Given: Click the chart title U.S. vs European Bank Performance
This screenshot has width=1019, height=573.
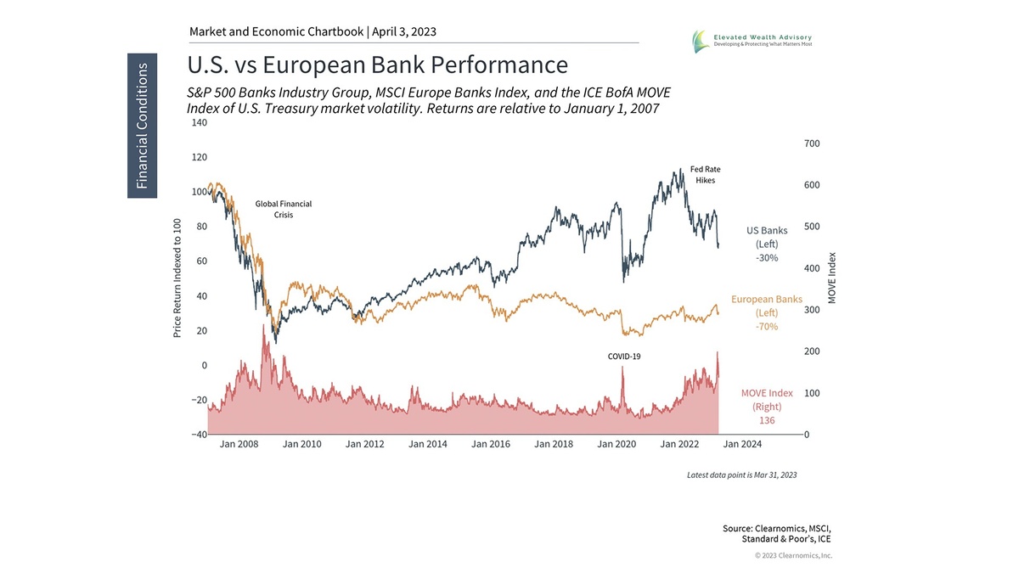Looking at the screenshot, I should pos(377,65).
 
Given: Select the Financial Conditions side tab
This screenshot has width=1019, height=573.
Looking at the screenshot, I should pos(142,126).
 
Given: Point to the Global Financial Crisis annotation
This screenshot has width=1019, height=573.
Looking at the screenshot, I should pos(284,210).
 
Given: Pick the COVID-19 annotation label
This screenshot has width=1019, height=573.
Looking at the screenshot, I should pos(624,357).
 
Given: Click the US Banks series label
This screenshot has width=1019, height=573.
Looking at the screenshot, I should pos(767,244).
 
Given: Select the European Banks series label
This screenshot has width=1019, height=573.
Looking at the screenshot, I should pos(767,312).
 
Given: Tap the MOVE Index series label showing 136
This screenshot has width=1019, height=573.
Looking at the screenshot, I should pos(767,406).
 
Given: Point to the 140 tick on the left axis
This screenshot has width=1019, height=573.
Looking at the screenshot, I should pos(199,123).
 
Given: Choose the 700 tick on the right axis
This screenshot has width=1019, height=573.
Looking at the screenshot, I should pos(812,143).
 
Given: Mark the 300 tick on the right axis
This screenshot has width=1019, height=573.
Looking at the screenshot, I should pos(812,310).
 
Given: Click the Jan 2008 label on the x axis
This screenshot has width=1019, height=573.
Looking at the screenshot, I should pos(239,444).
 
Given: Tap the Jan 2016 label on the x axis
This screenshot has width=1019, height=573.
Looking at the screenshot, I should pos(491,444).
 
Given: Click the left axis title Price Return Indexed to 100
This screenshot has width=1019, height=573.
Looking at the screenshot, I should pos(177,278).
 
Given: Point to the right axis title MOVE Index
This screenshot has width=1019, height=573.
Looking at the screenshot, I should pos(833,278).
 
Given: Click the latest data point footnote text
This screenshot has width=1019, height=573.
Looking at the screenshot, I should pos(741,475).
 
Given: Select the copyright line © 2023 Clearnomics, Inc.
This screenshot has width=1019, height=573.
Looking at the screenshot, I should pos(793,555).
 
